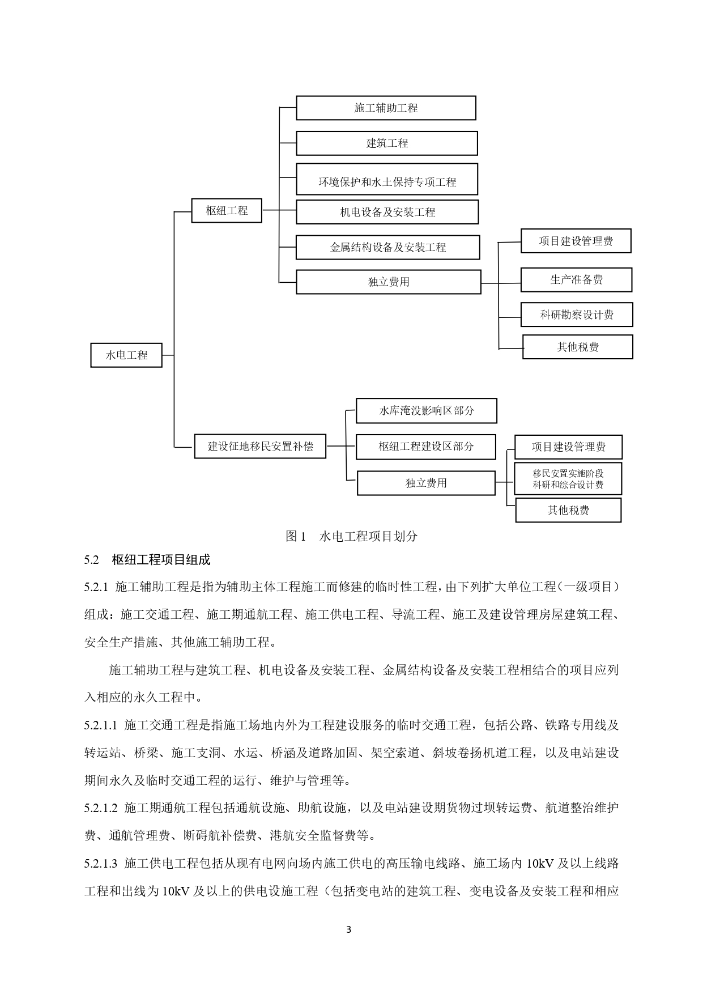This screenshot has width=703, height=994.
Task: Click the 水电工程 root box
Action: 126,355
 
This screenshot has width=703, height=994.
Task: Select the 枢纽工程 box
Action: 227,211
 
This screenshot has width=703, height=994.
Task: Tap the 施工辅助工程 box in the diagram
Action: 386,108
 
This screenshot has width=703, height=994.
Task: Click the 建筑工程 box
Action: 387,143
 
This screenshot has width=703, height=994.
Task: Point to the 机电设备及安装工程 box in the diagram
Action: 387,212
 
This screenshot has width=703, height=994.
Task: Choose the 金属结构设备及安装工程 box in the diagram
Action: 387,247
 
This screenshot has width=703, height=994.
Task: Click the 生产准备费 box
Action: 576,280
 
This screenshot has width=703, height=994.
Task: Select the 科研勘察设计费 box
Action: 577,315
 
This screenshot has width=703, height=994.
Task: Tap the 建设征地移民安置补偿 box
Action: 260,446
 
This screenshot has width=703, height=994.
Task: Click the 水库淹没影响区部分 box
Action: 426,411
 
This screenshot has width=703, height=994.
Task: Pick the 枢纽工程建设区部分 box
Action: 426,447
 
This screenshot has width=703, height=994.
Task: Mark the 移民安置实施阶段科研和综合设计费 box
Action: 568,479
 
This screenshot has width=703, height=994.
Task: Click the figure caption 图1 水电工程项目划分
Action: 351,536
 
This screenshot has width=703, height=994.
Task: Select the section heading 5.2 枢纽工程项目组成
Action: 147,560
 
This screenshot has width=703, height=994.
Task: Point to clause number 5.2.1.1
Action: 101,725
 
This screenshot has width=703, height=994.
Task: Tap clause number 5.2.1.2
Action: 101,808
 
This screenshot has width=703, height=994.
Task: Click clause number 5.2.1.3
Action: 101,864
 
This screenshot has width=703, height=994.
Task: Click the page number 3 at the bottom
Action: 348,929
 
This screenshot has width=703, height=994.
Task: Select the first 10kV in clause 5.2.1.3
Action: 540,864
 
